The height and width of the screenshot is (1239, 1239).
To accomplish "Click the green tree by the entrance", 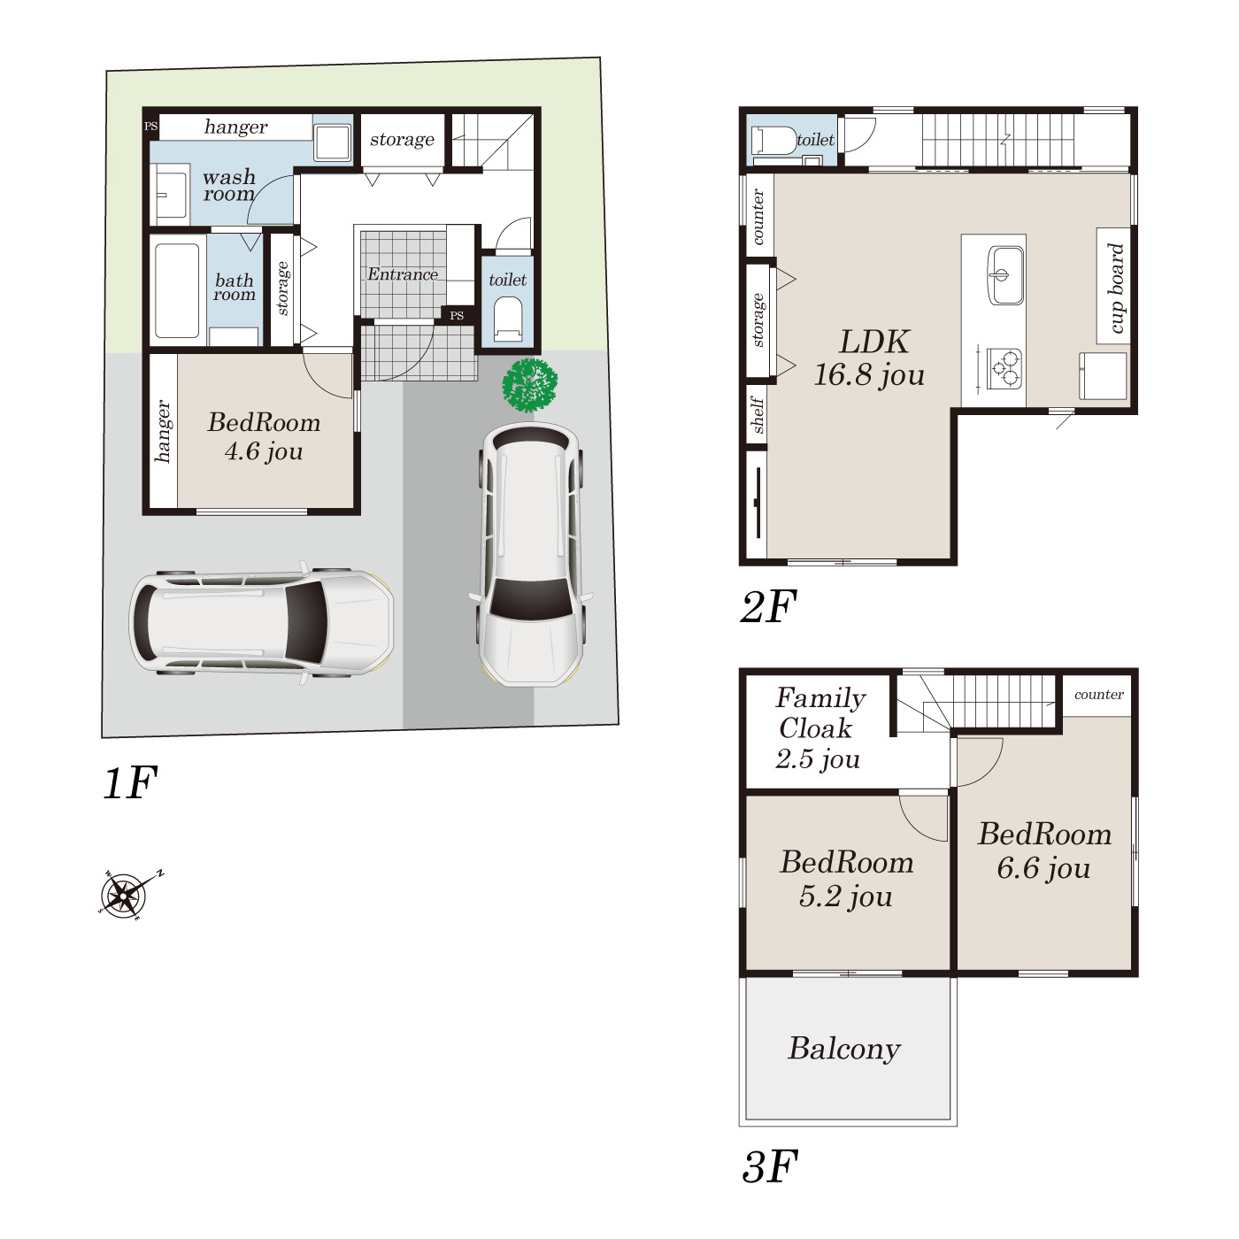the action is point(529,384).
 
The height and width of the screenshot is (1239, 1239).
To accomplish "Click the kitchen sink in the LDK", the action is point(1005,274).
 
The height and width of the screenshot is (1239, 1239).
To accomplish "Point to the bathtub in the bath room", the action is point(177,290).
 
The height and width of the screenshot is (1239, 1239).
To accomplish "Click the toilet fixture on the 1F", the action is point(508,319).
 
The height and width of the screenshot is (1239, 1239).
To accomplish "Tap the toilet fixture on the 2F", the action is point(774,141).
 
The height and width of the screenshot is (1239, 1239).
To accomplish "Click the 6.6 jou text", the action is point(1043,869).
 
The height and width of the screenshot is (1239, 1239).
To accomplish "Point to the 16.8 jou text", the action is point(869,375).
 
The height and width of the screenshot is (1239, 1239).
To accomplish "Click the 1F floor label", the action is point(130,782).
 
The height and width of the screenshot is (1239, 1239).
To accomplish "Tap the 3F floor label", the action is point(770,1167).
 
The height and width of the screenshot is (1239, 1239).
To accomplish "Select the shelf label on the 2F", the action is point(757,415).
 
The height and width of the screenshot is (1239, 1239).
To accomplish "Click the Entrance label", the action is point(403,274).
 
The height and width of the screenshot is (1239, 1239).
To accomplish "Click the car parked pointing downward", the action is point(531,554).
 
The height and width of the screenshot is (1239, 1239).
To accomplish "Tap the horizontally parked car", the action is point(261,622).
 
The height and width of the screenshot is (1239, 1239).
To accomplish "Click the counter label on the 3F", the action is point(1099,695).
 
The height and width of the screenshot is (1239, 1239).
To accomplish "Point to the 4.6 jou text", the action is point(264,451).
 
